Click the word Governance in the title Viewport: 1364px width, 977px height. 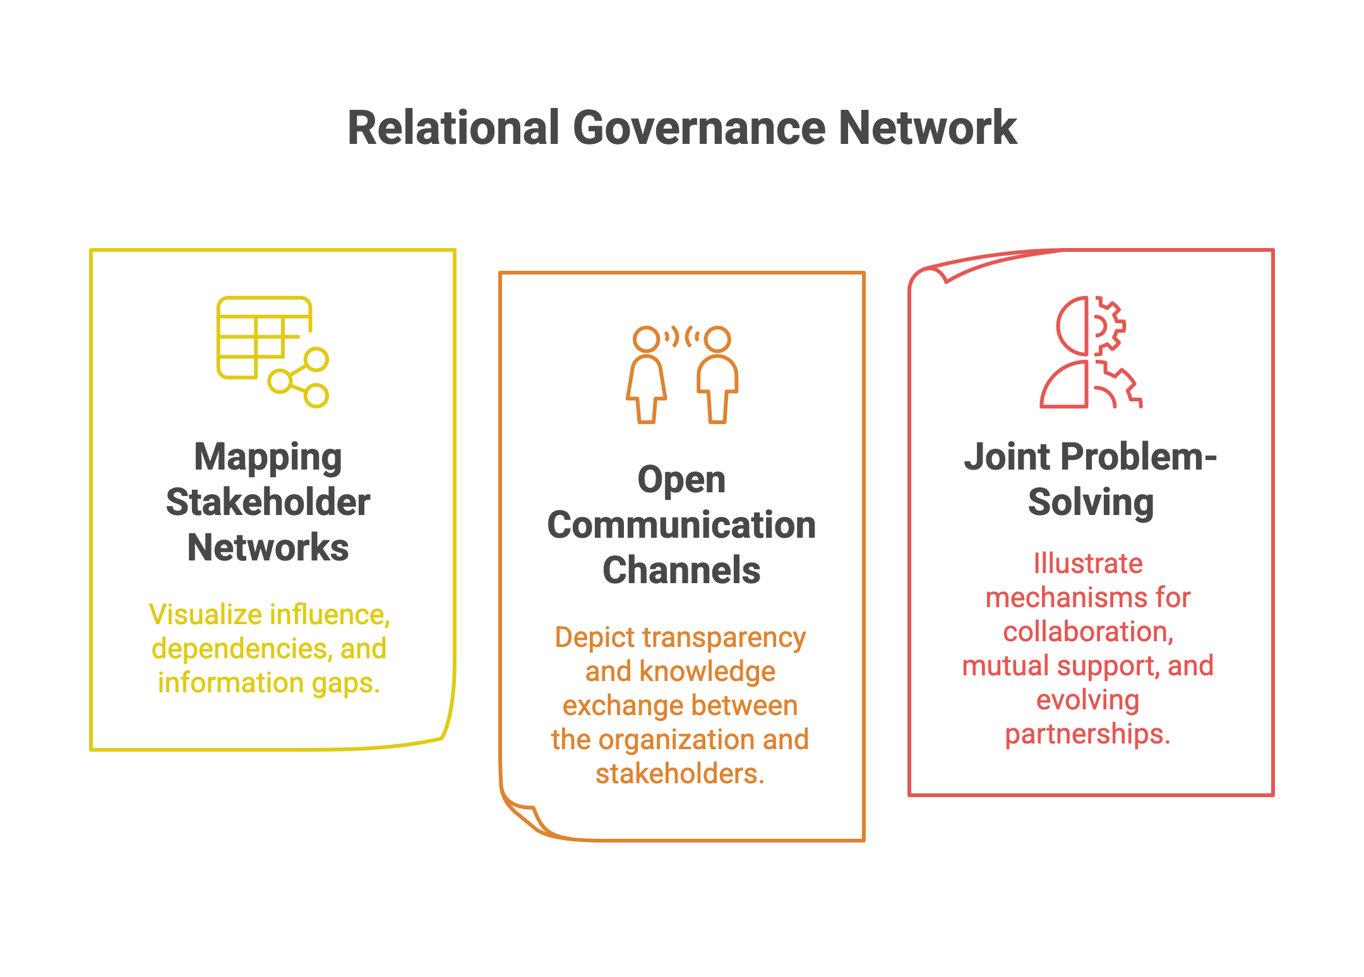tap(699, 128)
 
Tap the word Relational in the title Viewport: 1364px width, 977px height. tap(453, 128)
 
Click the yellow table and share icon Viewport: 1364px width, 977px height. tap(272, 351)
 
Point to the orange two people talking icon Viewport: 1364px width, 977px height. tap(682, 374)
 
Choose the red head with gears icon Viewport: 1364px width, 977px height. tap(1091, 352)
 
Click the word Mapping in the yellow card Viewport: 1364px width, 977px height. tap(268, 457)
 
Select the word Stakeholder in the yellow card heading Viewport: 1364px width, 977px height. tap(268, 502)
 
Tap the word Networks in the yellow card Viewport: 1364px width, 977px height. tap(268, 547)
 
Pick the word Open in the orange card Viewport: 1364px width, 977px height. tap(681, 480)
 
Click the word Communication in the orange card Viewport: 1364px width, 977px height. tap(681, 525)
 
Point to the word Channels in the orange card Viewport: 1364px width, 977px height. tap(681, 571)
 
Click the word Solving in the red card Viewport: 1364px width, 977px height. tap(1091, 502)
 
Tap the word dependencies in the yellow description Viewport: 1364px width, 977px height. tap(241, 649)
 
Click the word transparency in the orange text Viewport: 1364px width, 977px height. tap(724, 637)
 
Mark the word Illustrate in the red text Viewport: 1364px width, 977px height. tap(1087, 563)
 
